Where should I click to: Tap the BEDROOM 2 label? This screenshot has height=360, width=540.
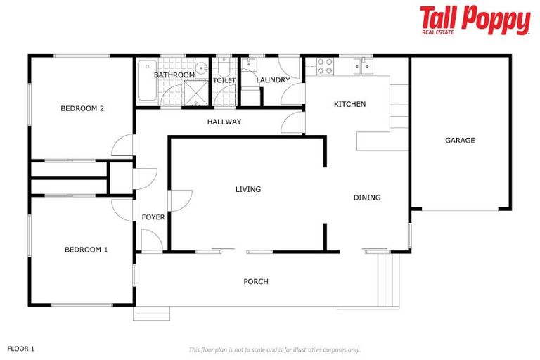point(82,108)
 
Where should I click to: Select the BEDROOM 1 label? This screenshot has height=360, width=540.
point(86,250)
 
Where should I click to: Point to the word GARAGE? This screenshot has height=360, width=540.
point(460,141)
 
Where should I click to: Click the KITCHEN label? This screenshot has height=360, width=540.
point(349,105)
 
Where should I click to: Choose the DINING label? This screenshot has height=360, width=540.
point(367,198)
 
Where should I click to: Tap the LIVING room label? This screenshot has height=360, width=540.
point(248,189)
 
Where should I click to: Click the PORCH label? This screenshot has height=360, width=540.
point(256,282)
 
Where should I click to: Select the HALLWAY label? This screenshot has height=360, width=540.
point(224,122)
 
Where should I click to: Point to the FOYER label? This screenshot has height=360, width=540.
point(153,217)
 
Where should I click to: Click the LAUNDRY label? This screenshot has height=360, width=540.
point(273,80)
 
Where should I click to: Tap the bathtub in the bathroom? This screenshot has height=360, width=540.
point(146,81)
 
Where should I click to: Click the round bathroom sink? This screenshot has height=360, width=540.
point(200,68)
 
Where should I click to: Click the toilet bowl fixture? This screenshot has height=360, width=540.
point(223,69)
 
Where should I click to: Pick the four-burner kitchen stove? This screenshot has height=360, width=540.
point(325,66)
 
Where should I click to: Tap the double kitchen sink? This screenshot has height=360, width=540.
point(366,66)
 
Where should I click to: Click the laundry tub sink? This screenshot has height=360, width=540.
point(249,65)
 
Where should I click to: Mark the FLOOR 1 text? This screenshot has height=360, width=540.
point(21,348)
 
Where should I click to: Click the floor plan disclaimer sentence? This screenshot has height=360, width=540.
point(275,349)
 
